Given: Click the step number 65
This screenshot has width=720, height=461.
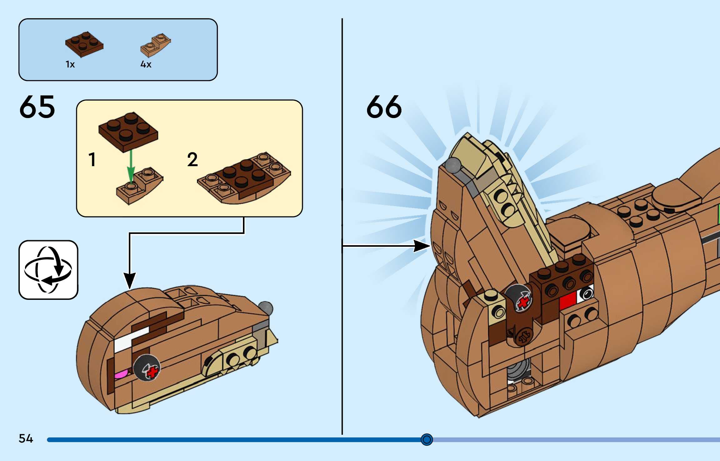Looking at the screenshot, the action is (37, 107).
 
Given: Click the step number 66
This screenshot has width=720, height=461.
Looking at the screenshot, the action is (384, 107).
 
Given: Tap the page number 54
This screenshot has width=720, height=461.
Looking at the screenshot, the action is (26, 439).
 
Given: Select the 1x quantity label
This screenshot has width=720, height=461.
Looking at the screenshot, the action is (70, 64).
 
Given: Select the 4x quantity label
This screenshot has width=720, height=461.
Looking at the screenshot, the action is (146, 64).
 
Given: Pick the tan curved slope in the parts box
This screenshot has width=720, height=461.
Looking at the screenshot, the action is (155, 45).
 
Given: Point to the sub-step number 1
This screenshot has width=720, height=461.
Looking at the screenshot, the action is (92, 160).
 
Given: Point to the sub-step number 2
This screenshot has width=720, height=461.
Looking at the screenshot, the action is (192, 160).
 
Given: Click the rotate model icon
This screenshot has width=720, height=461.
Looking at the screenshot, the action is (48, 270).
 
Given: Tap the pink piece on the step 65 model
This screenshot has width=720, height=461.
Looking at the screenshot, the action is (121, 374).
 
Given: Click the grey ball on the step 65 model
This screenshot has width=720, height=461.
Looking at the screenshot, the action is (266, 308).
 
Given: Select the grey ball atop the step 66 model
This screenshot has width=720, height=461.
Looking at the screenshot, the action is (453, 165).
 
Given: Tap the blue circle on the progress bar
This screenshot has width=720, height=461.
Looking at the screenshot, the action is (426, 439).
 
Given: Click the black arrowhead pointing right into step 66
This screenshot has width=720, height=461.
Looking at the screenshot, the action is (421, 246).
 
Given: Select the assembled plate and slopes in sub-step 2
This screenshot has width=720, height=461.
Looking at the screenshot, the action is (244, 178).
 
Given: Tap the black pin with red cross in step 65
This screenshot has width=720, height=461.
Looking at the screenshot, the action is (147, 368).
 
